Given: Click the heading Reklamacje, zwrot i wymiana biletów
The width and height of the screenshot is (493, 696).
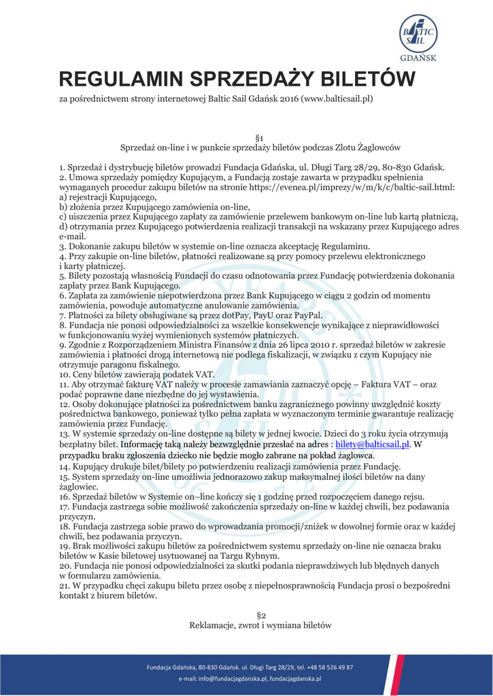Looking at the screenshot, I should (260, 625).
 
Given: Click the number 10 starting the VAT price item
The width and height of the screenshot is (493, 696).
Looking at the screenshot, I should (65, 374).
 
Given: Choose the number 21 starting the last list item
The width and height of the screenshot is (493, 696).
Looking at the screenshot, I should (65, 586).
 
